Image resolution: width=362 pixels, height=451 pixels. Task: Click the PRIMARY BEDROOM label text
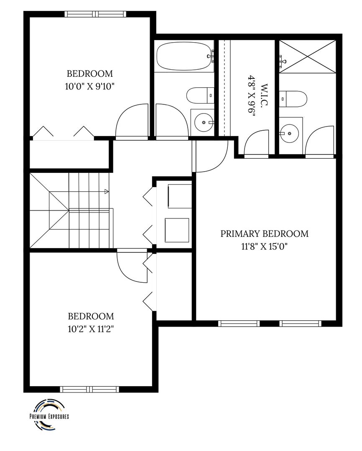264,233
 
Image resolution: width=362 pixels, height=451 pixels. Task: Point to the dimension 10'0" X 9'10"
90,86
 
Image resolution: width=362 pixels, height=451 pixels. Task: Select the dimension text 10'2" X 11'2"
91,329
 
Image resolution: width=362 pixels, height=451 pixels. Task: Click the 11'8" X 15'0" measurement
265,246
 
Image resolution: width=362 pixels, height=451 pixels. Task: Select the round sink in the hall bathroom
204,122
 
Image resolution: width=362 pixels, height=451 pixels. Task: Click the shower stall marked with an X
308,56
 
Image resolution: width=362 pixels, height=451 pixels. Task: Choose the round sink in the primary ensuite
289,134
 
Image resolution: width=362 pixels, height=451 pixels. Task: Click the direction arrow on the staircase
106,191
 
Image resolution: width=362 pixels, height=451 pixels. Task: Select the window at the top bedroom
95,14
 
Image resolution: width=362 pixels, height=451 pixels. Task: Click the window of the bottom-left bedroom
89,390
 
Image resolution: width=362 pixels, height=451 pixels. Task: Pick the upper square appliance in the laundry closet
180,196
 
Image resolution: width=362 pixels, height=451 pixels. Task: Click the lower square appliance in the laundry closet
177,230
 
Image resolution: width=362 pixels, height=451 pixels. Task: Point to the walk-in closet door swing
256,143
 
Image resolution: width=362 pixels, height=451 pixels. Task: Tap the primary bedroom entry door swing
211,156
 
